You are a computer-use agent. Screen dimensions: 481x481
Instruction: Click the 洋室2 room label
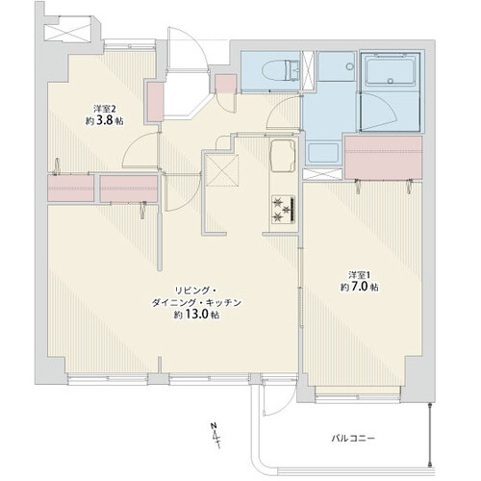click(x=104, y=108)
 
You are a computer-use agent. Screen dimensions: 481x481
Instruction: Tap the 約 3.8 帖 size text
click(x=104, y=120)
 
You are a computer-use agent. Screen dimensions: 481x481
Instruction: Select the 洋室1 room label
click(x=360, y=274)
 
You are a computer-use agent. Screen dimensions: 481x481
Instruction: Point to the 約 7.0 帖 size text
click(x=360, y=287)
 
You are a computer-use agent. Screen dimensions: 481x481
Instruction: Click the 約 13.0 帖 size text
click(x=197, y=315)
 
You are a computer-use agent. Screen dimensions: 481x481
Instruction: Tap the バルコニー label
click(x=353, y=438)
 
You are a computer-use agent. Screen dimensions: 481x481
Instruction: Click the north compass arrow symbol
click(x=215, y=436)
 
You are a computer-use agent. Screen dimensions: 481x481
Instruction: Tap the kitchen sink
click(x=283, y=156)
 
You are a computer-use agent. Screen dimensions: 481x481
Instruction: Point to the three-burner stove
click(x=284, y=209)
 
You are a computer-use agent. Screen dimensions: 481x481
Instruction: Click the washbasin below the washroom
click(x=323, y=153)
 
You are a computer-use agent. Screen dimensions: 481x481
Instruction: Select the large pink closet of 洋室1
click(x=383, y=157)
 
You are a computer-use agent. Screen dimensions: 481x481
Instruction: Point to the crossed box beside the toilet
click(x=308, y=70)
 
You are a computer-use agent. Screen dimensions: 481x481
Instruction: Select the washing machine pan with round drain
click(x=337, y=66)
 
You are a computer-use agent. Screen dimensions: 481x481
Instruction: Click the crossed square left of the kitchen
click(x=222, y=170)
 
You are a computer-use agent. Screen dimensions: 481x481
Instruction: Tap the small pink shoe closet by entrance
click(x=226, y=84)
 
